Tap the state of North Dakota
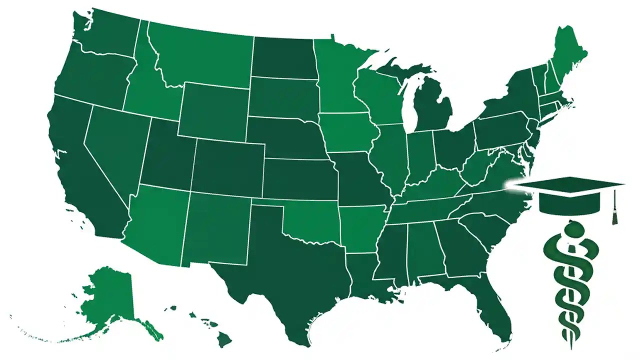[x=282, y=57]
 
